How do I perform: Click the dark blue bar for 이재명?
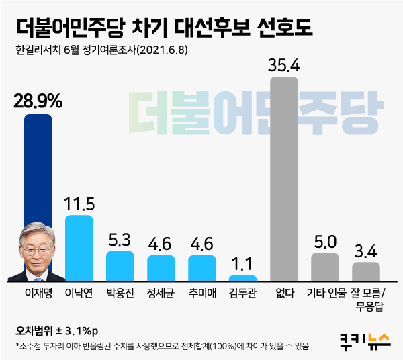coord(38,168)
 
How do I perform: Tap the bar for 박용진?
coord(120,266)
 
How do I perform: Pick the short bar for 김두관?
coord(242,278)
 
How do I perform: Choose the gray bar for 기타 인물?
coord(325,267)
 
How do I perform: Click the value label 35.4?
coord(283,65)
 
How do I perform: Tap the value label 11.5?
coord(79,203)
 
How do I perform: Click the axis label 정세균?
coord(161,294)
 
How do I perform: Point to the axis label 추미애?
coord(201,294)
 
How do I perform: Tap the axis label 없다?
coord(283,294)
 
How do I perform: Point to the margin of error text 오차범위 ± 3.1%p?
coord(56,331)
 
